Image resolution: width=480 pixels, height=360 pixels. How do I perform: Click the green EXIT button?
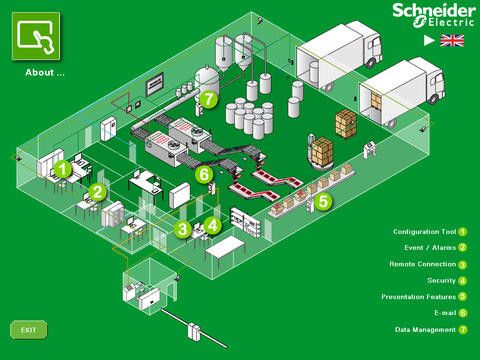[x=28, y=329]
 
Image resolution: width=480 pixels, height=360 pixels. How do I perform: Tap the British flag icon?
[x=453, y=41]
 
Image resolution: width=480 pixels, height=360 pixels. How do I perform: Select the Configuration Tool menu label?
[x=424, y=231]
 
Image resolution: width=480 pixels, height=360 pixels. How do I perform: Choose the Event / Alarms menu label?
[x=430, y=247]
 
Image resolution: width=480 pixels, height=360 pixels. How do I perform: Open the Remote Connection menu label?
[x=422, y=264]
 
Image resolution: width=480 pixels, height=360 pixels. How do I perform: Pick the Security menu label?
[x=441, y=281]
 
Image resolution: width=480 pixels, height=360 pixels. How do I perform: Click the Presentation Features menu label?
[x=418, y=297]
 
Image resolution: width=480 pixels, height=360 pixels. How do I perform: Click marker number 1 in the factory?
[x=63, y=169]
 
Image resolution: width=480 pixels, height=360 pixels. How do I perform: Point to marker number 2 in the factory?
[x=97, y=191]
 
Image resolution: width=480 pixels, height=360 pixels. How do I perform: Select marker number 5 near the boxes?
[x=323, y=201]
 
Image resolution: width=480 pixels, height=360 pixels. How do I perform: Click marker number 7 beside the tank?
[x=208, y=99]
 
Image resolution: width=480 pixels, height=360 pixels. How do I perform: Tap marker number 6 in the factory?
[x=204, y=175]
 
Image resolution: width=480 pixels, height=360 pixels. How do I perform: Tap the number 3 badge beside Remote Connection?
[x=463, y=265]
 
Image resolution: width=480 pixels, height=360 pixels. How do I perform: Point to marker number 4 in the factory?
[x=213, y=225]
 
